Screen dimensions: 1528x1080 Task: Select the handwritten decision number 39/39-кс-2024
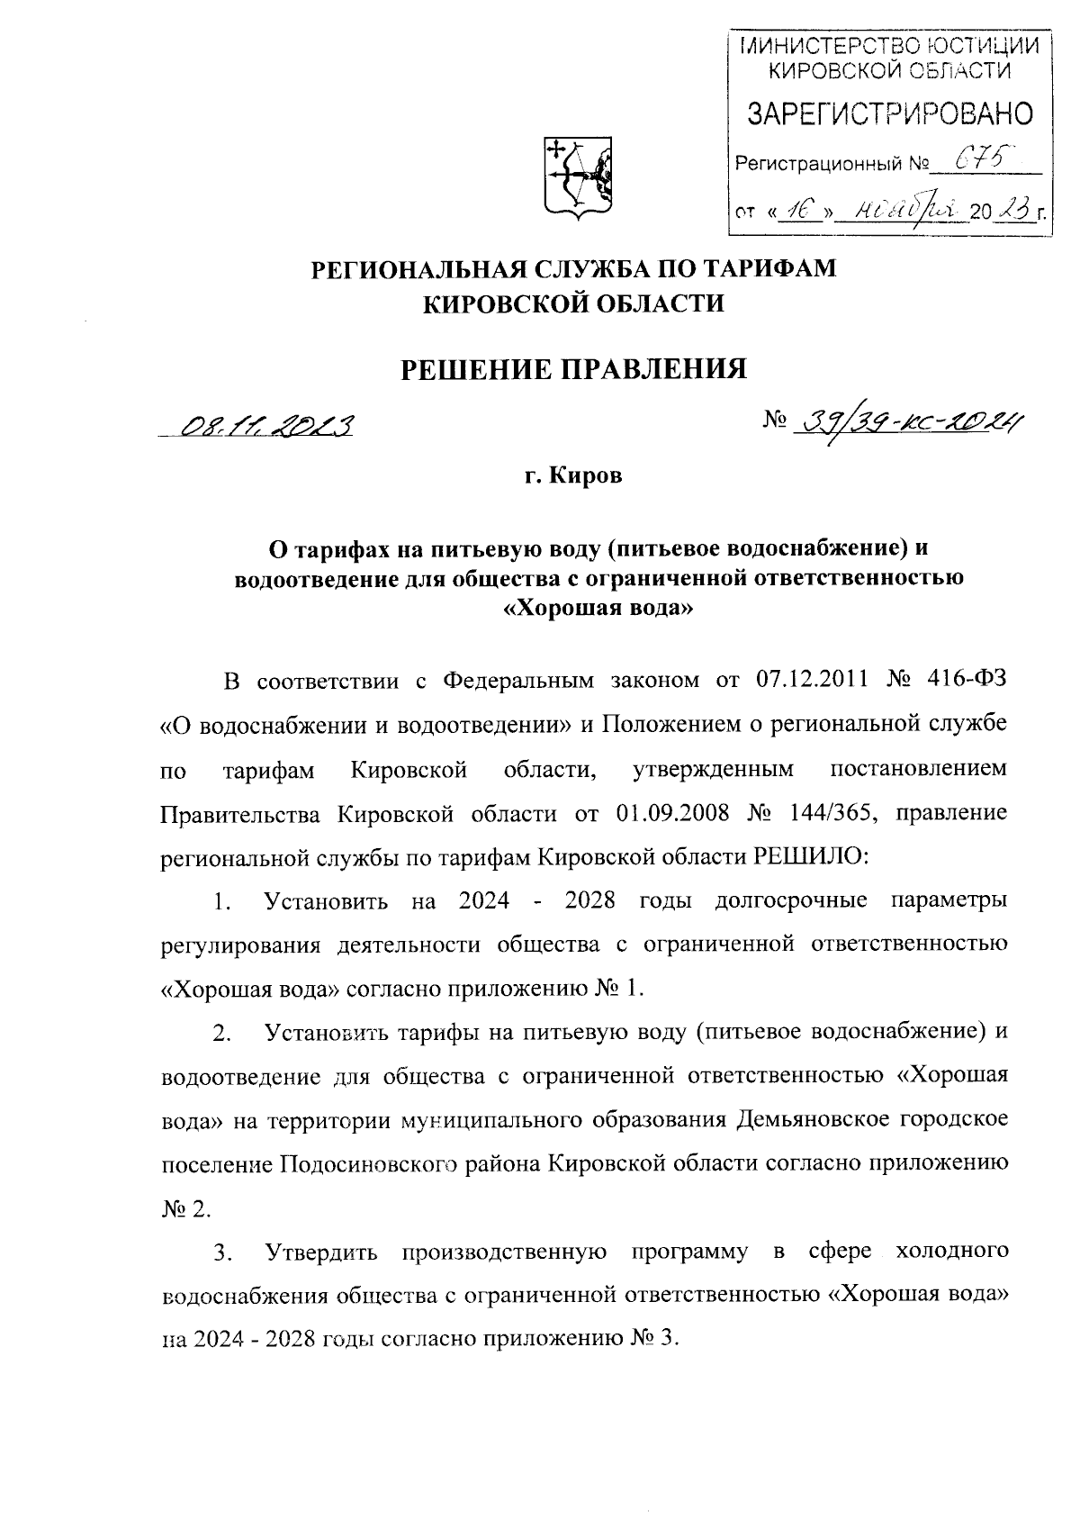point(909,419)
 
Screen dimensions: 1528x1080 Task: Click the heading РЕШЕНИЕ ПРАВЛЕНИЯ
point(573,367)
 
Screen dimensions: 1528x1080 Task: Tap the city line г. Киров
point(573,475)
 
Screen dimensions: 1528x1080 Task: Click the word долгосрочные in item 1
point(790,901)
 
